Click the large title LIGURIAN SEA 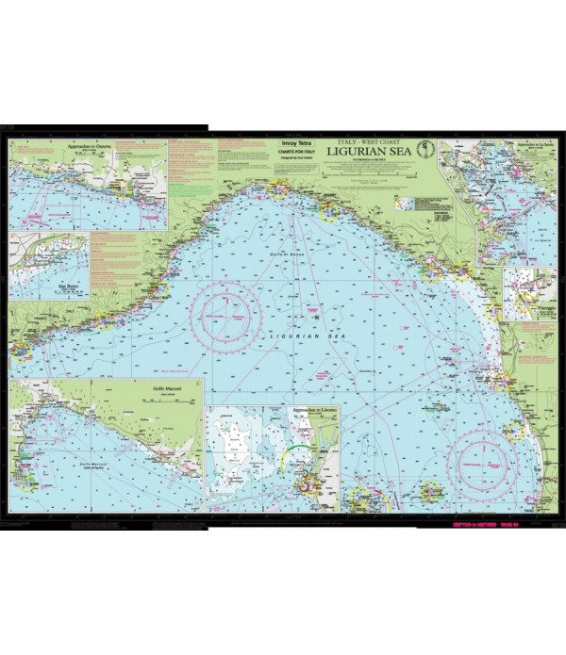[370, 149]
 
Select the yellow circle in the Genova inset [120, 188]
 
